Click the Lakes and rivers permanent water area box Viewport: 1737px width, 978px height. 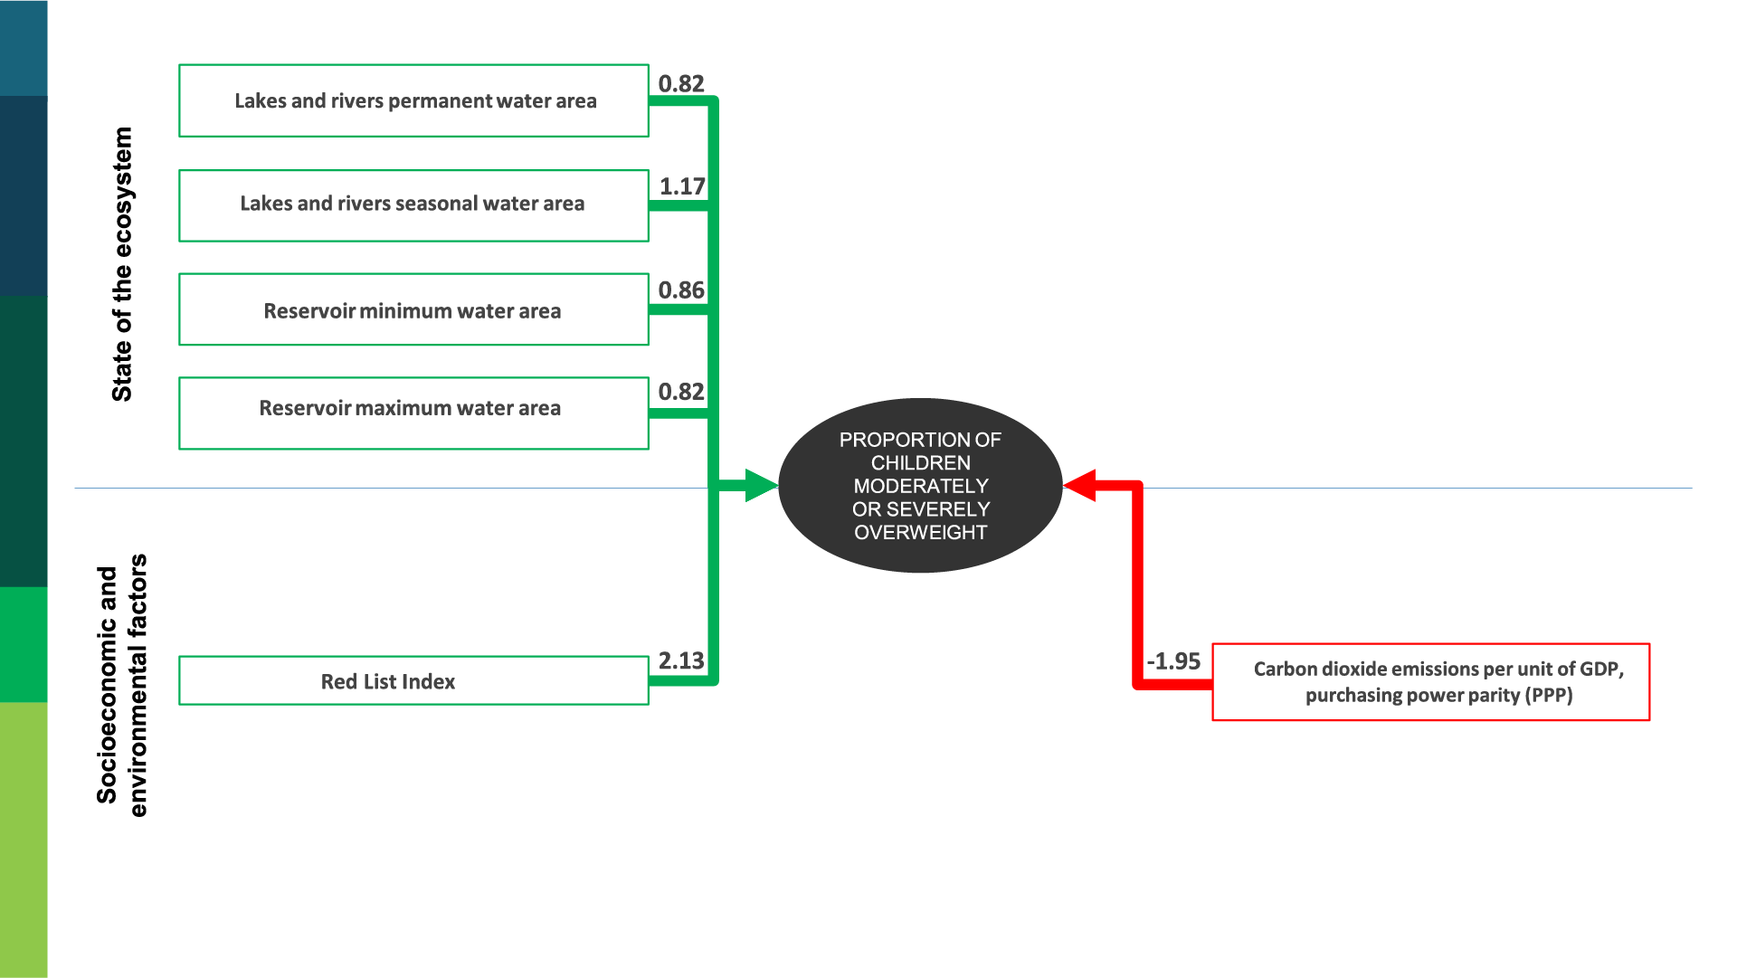413,100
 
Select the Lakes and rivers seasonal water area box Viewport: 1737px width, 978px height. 413,205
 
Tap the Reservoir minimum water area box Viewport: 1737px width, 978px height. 413,309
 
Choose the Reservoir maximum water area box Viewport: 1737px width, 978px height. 413,413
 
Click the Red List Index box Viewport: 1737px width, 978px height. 413,680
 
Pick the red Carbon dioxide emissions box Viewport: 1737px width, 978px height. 1430,682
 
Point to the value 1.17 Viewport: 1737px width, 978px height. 682,186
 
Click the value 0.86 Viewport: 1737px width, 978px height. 681,290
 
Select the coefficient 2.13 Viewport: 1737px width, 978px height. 681,660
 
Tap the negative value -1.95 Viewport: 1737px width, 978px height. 1173,661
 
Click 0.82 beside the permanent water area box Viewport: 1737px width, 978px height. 681,83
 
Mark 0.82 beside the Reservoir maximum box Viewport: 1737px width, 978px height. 681,392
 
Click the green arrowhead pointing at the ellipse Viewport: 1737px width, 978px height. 760,486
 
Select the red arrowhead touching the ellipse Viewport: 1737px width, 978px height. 1081,486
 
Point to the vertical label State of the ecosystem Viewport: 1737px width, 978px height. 122,264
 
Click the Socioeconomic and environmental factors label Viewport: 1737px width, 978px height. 121,685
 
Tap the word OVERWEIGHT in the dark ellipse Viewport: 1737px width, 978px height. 920,533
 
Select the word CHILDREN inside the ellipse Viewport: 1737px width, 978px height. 920,463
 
